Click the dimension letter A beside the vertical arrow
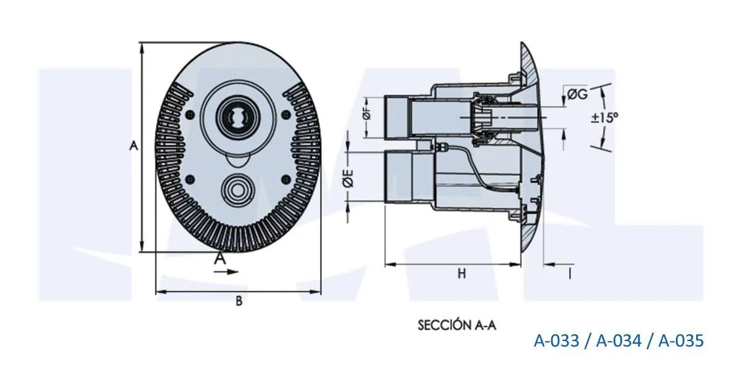133,146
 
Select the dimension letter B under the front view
239,301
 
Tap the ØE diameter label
349,178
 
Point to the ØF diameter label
367,114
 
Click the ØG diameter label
577,95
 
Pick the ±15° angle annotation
604,118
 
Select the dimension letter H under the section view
461,274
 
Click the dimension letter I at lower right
570,274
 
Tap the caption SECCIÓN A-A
457,326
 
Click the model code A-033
557,340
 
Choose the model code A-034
619,340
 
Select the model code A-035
681,340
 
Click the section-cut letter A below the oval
220,258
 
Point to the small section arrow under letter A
226,272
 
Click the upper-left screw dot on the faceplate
191,115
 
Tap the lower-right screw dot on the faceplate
286,179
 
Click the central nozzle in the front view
237,118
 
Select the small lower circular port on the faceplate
237,190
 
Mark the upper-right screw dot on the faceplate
286,115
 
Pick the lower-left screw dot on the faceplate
191,179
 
